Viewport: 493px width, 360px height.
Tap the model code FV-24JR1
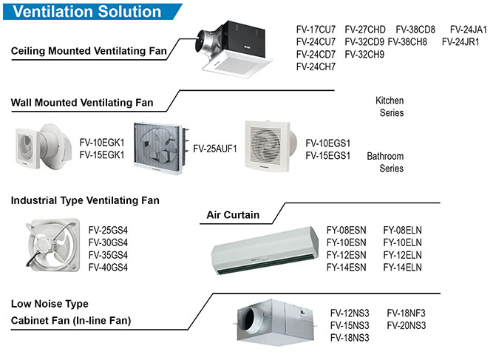click(x=460, y=41)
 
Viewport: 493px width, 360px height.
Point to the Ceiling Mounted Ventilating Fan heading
click(x=89, y=52)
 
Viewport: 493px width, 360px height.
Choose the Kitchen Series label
click(x=390, y=106)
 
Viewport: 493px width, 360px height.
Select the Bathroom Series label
click(x=385, y=163)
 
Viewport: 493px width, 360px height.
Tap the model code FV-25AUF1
click(x=215, y=149)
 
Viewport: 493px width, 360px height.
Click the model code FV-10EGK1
click(x=101, y=143)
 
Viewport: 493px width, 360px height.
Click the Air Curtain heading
click(x=232, y=215)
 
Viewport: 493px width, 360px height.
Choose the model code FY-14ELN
click(x=403, y=267)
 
